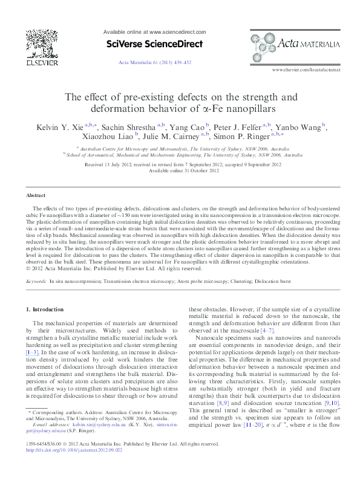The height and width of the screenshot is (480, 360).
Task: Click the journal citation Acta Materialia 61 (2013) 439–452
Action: tap(154, 62)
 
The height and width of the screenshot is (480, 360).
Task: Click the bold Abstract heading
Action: tap(36, 196)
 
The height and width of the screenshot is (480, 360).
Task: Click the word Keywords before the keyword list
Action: tap(38, 282)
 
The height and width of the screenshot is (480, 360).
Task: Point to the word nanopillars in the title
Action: tap(248, 109)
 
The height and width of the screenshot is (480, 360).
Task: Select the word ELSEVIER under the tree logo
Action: tap(41, 62)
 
